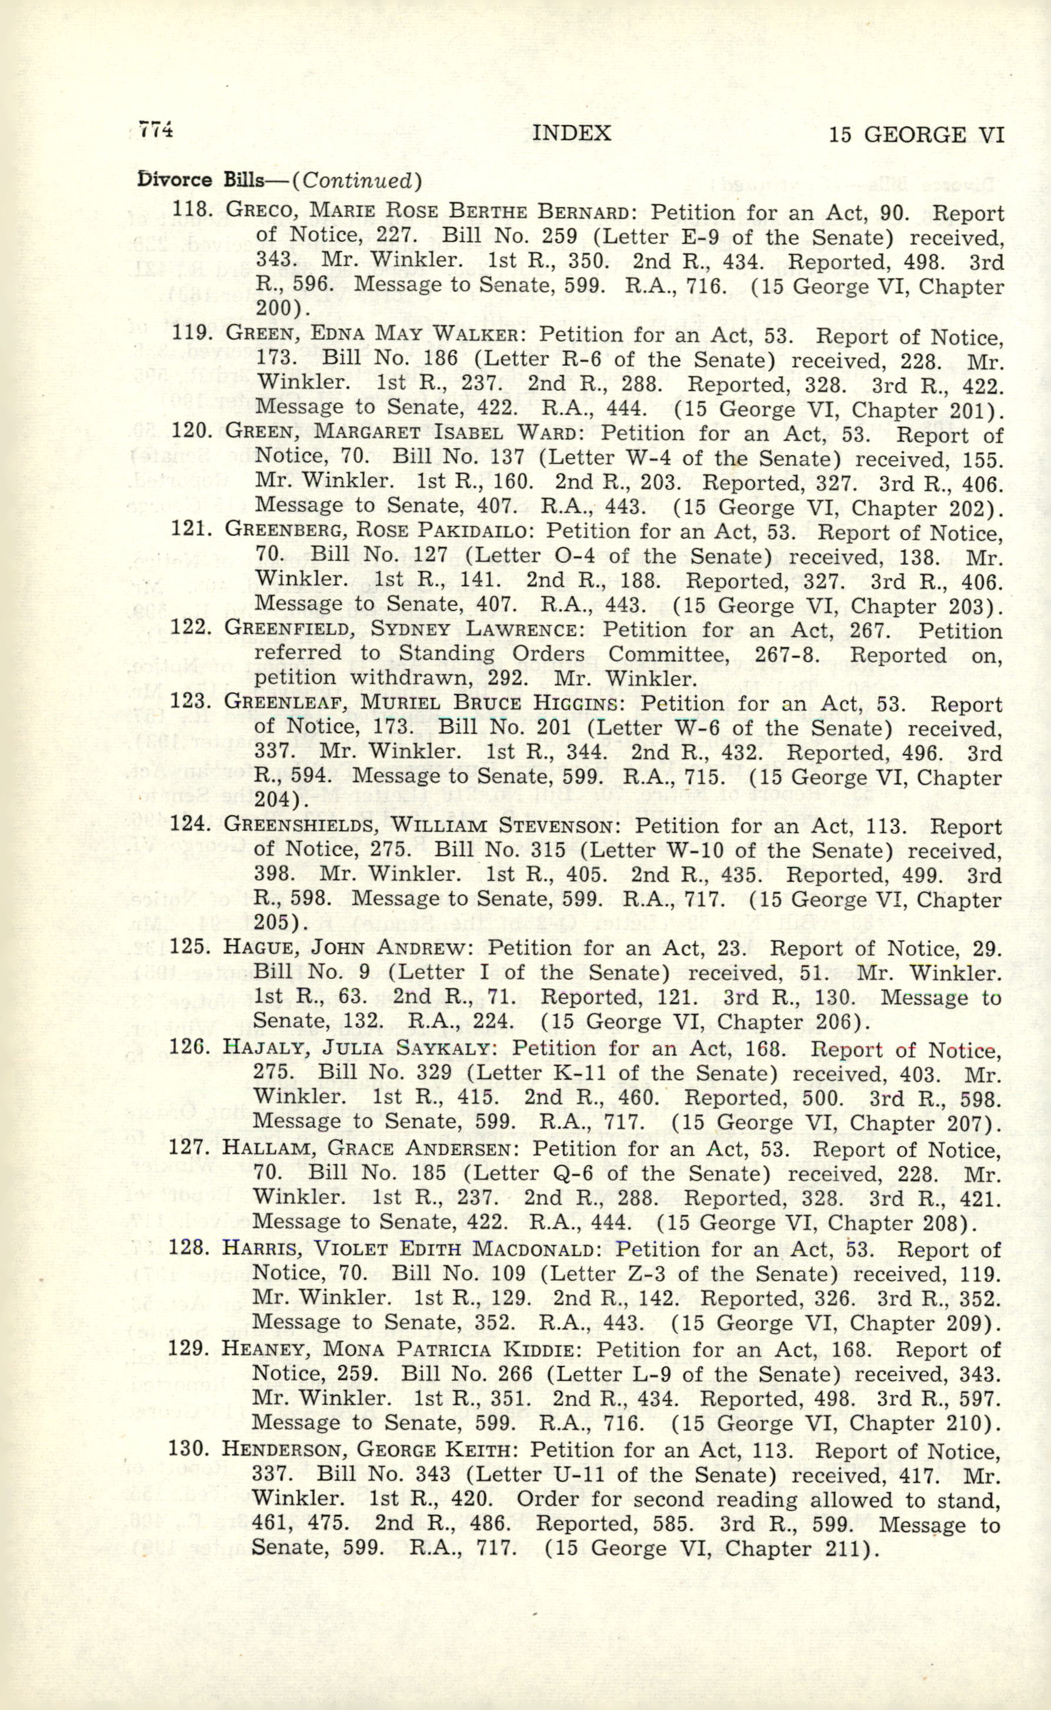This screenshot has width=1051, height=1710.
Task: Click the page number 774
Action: tap(155, 130)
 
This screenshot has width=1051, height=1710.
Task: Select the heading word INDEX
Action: tap(570, 133)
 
